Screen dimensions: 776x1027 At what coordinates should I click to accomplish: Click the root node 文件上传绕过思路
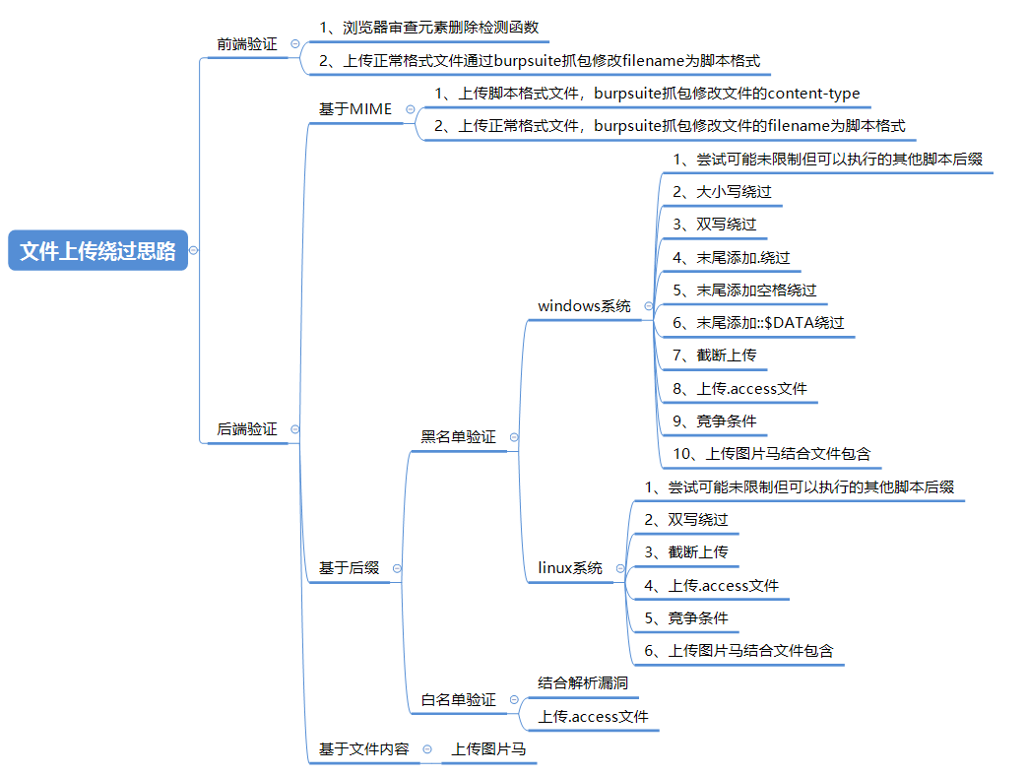point(97,251)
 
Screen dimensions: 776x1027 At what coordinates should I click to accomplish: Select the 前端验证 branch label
point(247,44)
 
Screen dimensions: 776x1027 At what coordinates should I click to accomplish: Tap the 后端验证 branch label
point(247,429)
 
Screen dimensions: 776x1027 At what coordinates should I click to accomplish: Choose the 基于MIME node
point(354,108)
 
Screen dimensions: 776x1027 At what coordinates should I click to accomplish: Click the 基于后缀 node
point(349,568)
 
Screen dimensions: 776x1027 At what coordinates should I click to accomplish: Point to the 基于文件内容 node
point(363,749)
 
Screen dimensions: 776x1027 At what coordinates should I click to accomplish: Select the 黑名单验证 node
point(458,436)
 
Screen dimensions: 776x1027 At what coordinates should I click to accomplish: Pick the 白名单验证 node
point(458,700)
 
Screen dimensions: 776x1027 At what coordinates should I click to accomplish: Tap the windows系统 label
point(584,306)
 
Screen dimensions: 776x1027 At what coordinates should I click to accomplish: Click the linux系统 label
point(570,568)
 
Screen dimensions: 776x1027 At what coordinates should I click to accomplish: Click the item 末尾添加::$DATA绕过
point(758,322)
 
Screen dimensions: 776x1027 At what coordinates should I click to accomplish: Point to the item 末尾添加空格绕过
point(744,290)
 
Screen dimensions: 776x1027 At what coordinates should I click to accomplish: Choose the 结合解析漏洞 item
point(583,682)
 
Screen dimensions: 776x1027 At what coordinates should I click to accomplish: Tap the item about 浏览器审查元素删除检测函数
point(428,28)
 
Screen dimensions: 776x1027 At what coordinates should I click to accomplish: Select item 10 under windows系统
point(772,454)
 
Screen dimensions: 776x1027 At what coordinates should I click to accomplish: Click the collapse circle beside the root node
point(194,251)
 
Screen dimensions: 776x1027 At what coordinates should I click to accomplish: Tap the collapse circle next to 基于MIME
point(410,109)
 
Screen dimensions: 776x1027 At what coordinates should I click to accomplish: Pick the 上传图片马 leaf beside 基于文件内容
point(488,749)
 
